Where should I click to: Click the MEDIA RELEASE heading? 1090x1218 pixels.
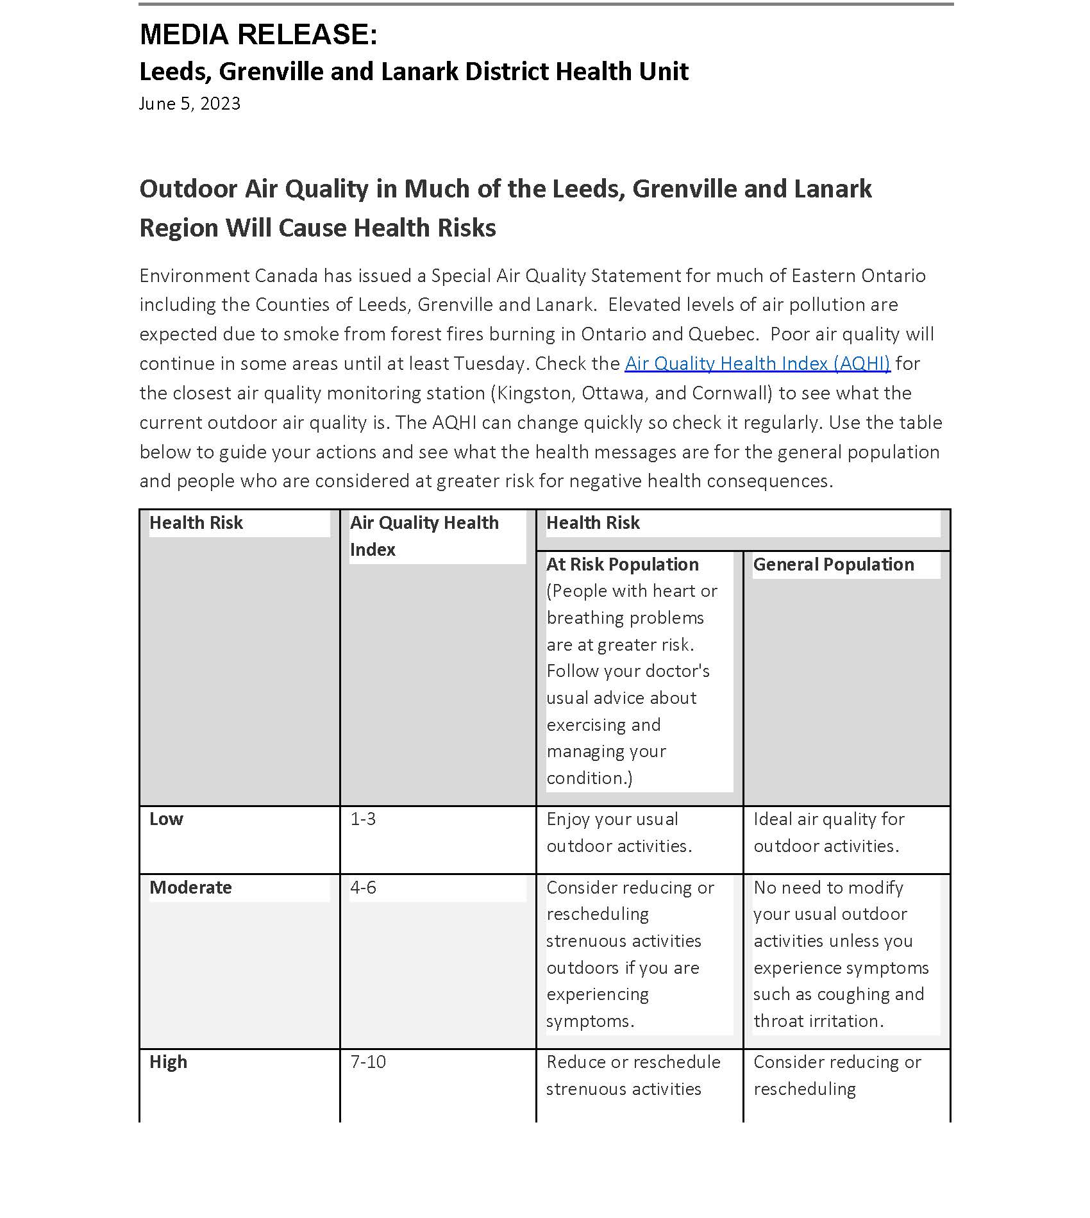[x=258, y=35]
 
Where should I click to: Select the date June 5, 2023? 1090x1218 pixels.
[x=190, y=104]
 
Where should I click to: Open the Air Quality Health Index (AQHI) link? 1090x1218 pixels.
[x=757, y=363]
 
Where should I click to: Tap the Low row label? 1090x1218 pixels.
[x=166, y=819]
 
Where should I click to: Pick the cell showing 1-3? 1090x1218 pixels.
[x=363, y=819]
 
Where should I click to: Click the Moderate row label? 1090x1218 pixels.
[x=190, y=888]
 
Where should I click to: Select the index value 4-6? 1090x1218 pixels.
[x=363, y=888]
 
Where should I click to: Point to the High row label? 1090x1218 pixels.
[x=168, y=1062]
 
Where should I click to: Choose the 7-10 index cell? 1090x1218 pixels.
[x=368, y=1062]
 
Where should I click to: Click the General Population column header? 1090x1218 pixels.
[x=834, y=565]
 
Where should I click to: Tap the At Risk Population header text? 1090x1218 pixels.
[x=622, y=565]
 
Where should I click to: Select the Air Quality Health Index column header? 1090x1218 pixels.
[x=424, y=536]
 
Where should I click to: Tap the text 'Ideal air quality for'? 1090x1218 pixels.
[x=828, y=819]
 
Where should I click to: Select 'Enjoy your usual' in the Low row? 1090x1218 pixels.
[x=612, y=819]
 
